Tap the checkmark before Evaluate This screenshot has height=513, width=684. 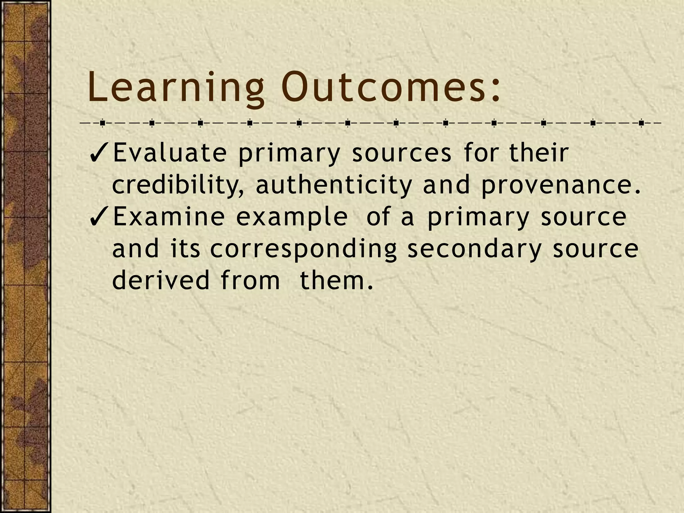[x=100, y=153]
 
